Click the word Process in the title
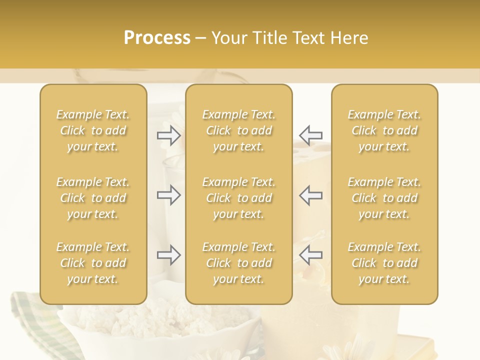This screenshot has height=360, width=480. coord(157,38)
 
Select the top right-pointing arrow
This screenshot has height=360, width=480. coord(168,135)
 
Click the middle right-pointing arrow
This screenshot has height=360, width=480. coord(168,195)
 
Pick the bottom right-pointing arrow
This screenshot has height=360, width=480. coord(168,255)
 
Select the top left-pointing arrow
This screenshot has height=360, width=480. coord(311,135)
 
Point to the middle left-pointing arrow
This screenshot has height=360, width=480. coord(311,195)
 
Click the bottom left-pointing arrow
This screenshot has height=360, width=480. coord(311,255)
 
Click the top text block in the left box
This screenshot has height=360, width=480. coord(93,130)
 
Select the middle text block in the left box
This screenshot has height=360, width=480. coord(93,198)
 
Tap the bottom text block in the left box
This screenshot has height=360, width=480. coord(93,263)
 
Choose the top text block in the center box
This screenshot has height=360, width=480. coord(238,130)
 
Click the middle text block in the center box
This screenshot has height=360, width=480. coord(238,198)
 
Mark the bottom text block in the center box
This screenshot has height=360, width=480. coord(238,263)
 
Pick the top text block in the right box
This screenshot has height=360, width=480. coord(384,130)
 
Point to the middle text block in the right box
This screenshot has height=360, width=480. coord(384,198)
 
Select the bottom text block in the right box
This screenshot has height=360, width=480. coord(384,263)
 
